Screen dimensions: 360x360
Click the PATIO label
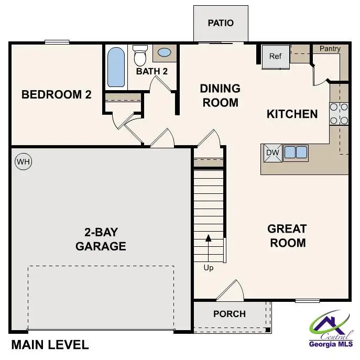(220, 23)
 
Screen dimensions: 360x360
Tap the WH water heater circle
(24, 162)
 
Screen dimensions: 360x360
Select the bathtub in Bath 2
(116, 68)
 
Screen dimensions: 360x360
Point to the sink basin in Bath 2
(164, 53)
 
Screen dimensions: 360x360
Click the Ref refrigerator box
(276, 57)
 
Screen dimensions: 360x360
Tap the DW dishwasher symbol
(272, 152)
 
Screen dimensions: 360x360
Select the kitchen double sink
(296, 152)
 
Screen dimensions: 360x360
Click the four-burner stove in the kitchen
(339, 114)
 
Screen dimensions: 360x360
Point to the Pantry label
(330, 49)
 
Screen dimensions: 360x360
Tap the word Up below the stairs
(209, 268)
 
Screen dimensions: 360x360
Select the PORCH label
(230, 314)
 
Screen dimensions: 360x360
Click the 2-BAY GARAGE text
(101, 239)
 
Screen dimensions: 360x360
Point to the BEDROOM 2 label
(57, 95)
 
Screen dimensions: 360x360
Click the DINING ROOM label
(220, 95)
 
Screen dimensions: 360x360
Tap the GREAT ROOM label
(287, 236)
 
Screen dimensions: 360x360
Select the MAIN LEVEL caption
(50, 345)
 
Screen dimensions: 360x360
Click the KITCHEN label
(292, 114)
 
